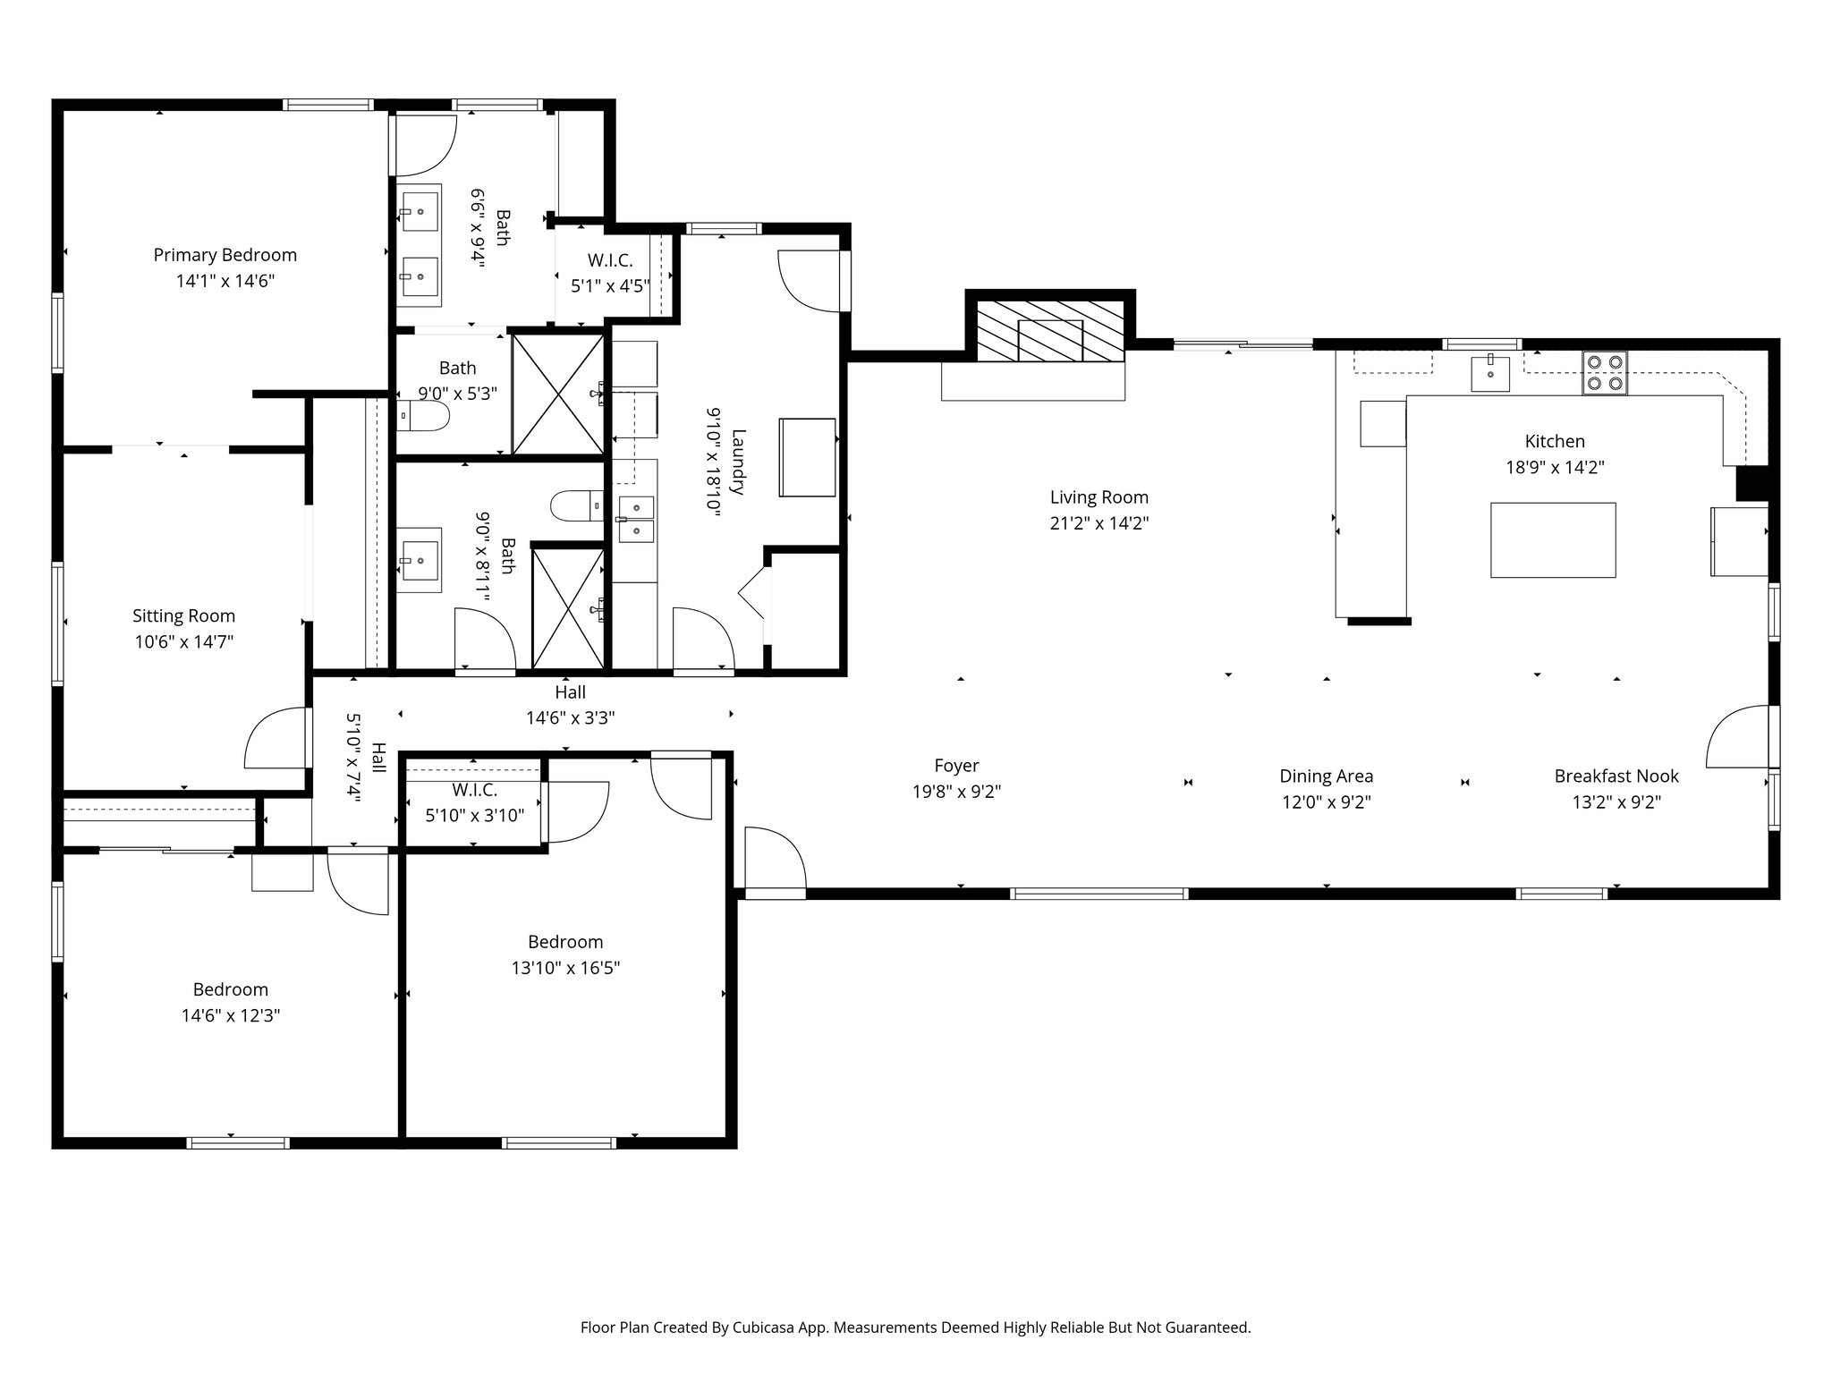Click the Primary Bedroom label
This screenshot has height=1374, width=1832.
[225, 255]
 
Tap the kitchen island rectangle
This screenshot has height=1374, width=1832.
[1552, 539]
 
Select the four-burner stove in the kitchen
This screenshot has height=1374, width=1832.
[1604, 373]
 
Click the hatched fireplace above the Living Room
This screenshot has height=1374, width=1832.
[1049, 331]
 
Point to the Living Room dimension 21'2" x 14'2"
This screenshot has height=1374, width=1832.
[1098, 523]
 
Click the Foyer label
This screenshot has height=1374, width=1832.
[956, 766]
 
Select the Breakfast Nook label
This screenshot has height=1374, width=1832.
[1616, 776]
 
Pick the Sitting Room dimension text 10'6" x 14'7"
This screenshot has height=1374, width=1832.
[183, 641]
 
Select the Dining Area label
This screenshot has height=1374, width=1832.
[1326, 776]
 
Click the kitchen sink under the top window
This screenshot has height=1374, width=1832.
[1490, 373]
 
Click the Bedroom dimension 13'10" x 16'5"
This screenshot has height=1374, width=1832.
[565, 968]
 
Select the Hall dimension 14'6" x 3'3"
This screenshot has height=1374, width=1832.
[570, 717]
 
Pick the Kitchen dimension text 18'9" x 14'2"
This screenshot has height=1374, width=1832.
[1555, 467]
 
